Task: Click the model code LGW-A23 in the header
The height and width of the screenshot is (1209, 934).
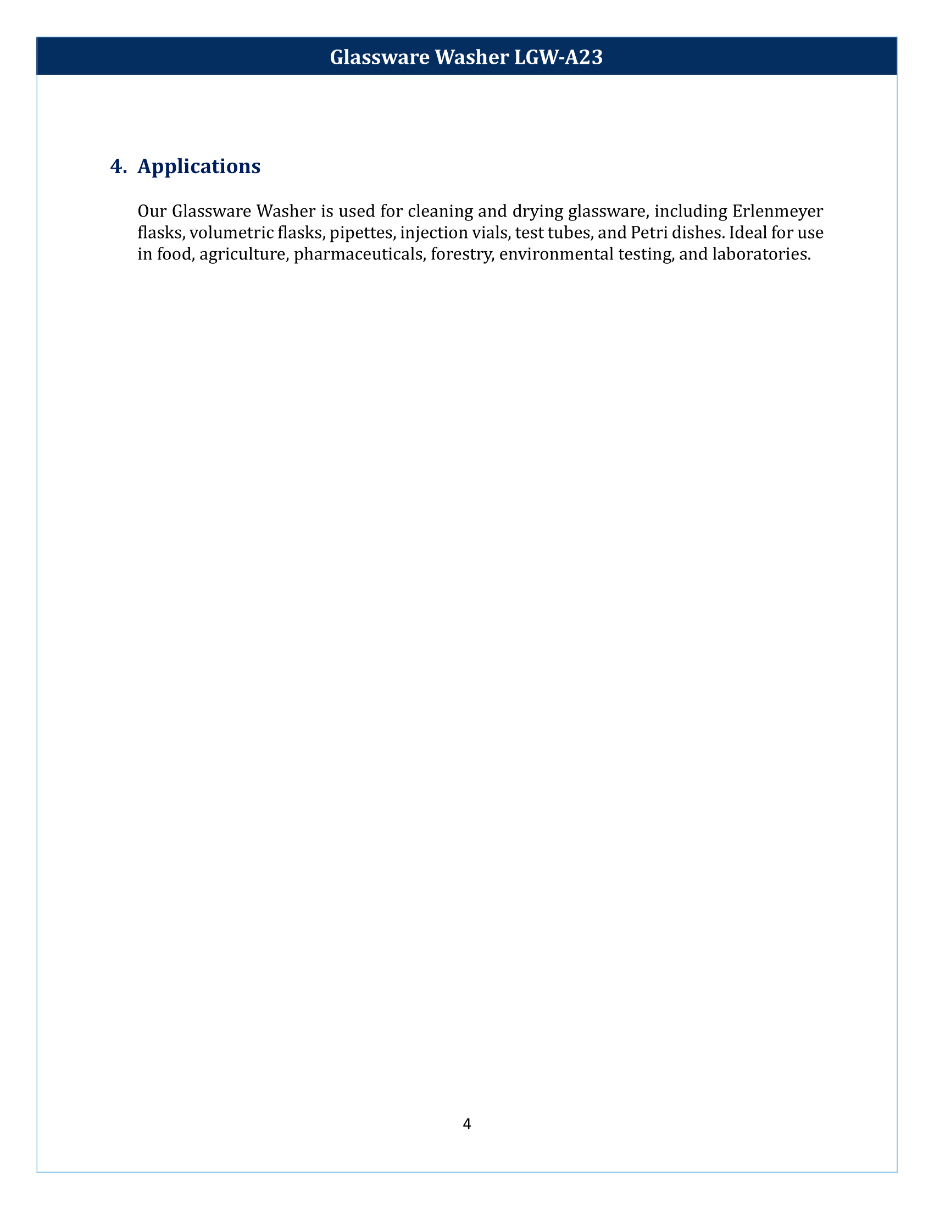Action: [x=558, y=57]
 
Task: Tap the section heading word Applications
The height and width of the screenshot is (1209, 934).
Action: [x=199, y=166]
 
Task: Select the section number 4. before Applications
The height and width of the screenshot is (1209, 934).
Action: [x=119, y=166]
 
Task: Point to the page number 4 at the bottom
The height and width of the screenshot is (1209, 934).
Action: [x=467, y=1123]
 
